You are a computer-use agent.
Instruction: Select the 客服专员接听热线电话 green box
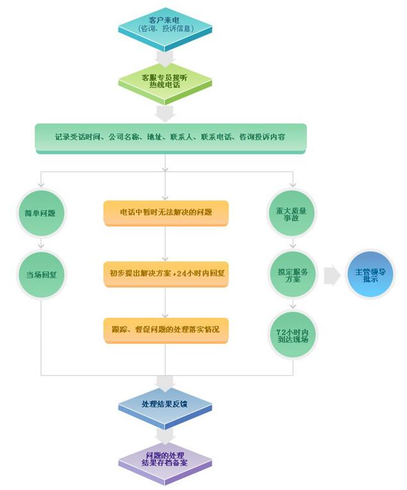165,81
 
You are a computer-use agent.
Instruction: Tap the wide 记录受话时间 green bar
170,138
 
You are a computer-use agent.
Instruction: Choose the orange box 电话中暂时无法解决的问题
165,212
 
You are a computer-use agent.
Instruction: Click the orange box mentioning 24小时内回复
165,272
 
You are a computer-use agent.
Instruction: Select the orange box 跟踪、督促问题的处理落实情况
165,329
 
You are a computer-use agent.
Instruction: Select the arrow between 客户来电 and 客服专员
165,58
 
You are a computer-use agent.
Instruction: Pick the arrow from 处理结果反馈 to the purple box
165,434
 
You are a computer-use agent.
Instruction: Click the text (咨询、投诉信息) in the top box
165,28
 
